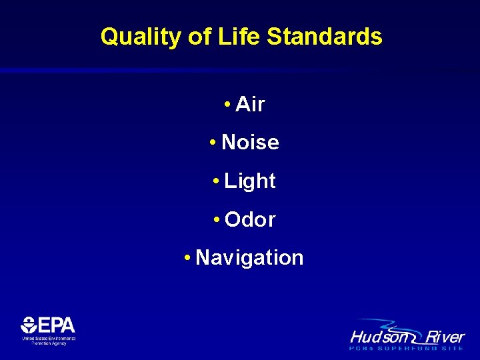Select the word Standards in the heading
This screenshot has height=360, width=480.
coord(325,37)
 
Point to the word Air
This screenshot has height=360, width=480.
coord(250,104)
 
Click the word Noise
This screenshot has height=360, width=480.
coord(250,142)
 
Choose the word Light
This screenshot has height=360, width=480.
coord(250,181)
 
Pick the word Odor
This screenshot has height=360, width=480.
coord(250,219)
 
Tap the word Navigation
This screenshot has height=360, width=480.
coord(250,257)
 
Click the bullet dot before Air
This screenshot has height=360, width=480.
coord(228,105)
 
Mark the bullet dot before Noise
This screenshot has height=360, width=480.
coord(213,143)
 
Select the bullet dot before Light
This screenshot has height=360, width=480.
coord(217,181)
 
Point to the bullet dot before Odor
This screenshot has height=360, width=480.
coord(217,220)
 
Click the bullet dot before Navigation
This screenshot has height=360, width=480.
coord(189,258)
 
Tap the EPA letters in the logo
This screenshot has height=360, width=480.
coord(57,325)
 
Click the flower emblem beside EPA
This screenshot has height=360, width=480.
coord(29,325)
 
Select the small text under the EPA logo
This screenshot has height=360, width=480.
coord(49,340)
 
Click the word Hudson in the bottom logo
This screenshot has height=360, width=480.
coord(376,336)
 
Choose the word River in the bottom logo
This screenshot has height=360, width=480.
coord(443,336)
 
